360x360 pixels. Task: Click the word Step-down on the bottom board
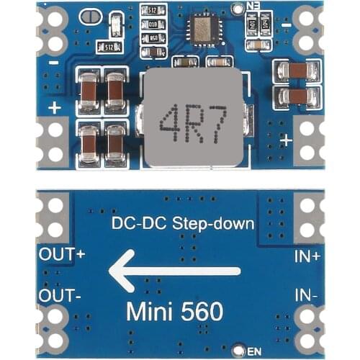[x=214, y=223]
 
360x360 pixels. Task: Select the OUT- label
[x=60, y=296]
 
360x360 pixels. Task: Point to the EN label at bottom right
[x=253, y=351]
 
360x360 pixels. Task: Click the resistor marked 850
[x=153, y=37]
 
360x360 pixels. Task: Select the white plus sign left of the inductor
[x=55, y=107]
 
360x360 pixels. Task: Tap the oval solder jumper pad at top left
[x=90, y=17]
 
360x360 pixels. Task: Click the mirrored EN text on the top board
[x=252, y=6]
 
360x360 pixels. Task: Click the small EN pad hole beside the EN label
[x=240, y=351]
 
